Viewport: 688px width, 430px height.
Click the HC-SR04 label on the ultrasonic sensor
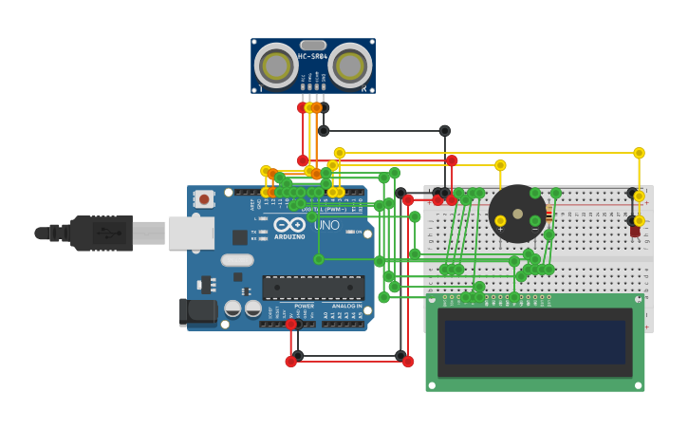tap(312, 57)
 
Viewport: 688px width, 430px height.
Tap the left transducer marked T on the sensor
tap(276, 65)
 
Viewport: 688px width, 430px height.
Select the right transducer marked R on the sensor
tap(349, 65)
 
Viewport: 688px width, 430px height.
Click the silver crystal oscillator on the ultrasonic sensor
tap(313, 45)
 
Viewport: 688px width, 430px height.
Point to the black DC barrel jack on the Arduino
tap(197, 310)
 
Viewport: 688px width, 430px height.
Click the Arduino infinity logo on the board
tap(289, 225)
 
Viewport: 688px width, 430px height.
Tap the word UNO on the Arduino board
tap(326, 226)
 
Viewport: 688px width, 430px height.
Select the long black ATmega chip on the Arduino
tap(313, 288)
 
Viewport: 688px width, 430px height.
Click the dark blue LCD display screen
tap(535, 343)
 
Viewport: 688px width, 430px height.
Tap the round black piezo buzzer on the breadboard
tap(517, 214)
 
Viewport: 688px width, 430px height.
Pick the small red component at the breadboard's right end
tap(634, 231)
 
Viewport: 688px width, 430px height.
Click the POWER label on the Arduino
tap(304, 307)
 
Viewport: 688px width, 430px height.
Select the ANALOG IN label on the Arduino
tap(345, 307)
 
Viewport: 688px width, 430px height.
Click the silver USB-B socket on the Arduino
tap(191, 233)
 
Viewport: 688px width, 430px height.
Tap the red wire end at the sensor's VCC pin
tap(303, 107)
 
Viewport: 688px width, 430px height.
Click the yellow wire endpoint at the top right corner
tap(639, 153)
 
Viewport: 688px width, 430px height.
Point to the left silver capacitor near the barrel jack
tap(232, 308)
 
